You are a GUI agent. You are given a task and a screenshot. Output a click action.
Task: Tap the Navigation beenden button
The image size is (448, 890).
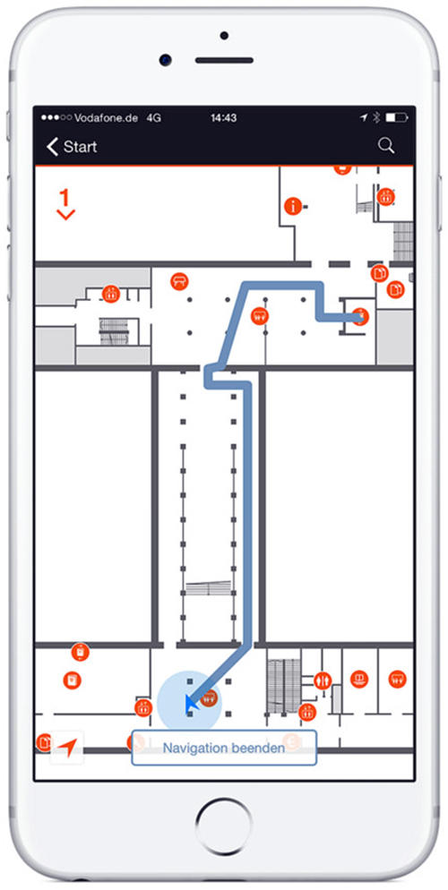pos(224,748)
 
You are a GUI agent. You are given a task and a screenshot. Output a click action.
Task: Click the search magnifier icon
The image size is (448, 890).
pos(386,146)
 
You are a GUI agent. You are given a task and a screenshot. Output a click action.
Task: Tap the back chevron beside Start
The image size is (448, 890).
pos(52,147)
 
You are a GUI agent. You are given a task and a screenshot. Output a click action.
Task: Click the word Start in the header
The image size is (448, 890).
pos(80,147)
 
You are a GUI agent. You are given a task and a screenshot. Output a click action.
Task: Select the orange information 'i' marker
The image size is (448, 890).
pos(293,205)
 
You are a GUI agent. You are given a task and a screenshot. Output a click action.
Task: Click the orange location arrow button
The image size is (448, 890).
pos(67,748)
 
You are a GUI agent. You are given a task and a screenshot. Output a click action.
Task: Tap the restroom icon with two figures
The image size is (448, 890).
pos(323,680)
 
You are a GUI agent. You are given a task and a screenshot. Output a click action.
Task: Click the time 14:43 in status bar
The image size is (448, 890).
pos(223,118)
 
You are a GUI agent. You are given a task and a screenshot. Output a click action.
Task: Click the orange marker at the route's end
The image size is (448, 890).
pos(360,317)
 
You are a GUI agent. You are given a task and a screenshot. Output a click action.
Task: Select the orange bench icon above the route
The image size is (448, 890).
pos(179,280)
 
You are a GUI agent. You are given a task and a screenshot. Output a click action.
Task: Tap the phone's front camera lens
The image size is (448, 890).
pos(165,59)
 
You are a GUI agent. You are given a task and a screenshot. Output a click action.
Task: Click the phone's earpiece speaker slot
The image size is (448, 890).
pos(224,60)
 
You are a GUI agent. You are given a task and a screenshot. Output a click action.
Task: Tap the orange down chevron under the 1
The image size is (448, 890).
pos(66,215)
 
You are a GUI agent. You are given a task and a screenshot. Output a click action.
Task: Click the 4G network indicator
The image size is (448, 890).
pos(154,118)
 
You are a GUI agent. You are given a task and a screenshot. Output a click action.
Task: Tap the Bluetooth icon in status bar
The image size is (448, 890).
pos(376,118)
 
